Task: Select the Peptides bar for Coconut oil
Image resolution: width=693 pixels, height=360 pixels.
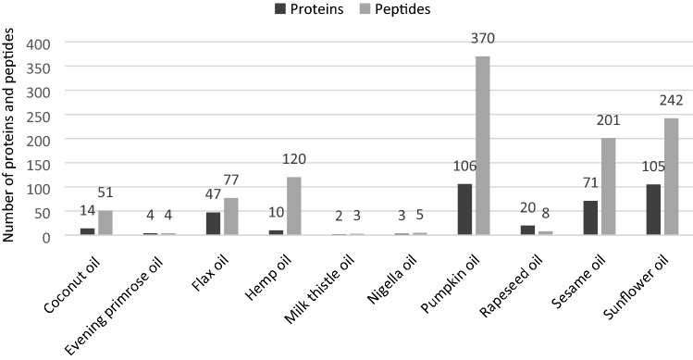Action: pyautogui.click(x=105, y=223)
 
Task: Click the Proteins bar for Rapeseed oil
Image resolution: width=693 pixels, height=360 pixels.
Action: pyautogui.click(x=527, y=230)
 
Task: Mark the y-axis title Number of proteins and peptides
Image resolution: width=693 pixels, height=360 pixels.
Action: pyautogui.click(x=12, y=134)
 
